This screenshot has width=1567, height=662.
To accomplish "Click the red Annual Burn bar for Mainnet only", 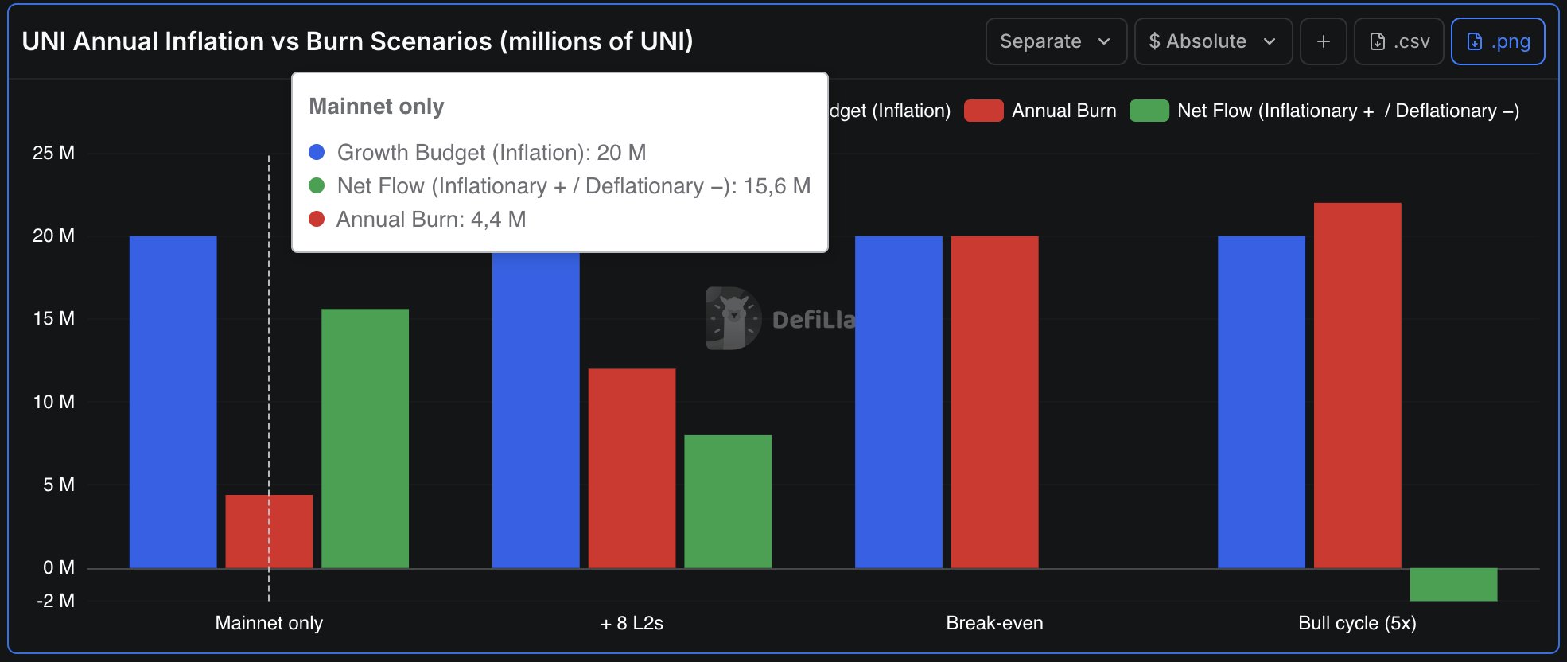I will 269,531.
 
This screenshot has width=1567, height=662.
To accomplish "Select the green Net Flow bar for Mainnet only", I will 365,438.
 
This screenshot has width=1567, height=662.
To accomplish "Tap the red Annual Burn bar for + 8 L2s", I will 632,468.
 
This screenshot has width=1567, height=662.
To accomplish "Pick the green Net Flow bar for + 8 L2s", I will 728,501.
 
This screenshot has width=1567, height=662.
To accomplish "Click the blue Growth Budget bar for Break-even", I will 898,402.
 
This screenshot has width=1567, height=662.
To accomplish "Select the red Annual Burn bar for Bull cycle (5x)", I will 1357,385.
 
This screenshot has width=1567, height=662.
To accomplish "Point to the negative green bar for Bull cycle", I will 1453,584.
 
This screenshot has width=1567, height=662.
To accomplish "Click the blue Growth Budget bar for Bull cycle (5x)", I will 1261,402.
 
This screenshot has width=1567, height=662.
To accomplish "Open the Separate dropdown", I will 1056,41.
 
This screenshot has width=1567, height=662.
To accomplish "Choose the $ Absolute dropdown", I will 1212,41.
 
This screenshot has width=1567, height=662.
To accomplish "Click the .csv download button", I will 1398,41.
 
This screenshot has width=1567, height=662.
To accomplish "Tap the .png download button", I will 1498,41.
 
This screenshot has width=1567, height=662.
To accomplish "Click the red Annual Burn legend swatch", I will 983,111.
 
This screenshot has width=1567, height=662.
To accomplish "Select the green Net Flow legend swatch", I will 1149,111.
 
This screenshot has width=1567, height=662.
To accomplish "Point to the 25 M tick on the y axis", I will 54,153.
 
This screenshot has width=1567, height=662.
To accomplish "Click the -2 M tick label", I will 56,601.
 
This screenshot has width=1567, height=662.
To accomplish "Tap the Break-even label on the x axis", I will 994,623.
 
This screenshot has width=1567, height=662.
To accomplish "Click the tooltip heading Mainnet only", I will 376,107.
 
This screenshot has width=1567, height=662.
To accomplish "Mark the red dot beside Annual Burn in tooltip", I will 317,219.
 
